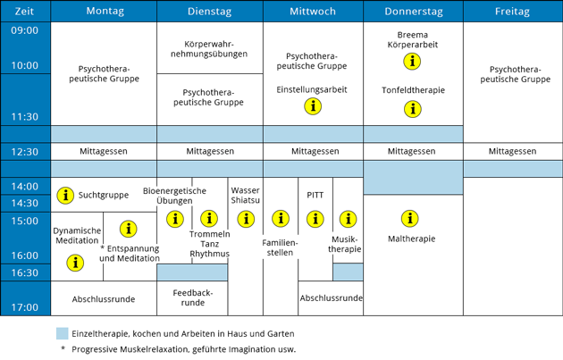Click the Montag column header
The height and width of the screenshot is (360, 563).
point(105,11)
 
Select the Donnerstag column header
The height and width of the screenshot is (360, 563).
point(414,12)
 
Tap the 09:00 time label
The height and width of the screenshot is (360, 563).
point(24,30)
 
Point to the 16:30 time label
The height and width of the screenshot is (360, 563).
point(24,272)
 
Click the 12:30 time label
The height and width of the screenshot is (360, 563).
point(24,152)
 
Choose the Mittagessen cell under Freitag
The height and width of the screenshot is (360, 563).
point(512,152)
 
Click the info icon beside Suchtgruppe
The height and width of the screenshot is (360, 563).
point(65,196)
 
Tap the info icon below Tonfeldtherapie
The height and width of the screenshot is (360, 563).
point(413,109)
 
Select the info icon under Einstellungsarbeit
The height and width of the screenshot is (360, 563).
point(313,106)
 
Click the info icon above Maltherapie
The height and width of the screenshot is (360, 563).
point(409,219)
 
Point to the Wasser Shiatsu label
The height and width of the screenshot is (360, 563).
point(245,196)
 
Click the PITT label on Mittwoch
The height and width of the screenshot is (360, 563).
point(315,195)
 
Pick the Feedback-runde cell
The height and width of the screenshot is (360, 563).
point(193,297)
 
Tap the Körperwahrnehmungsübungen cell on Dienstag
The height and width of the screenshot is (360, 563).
point(209,49)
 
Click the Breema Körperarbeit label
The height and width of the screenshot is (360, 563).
point(413,40)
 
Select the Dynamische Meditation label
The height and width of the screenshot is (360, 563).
point(77,236)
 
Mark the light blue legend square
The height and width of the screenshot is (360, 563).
point(63,333)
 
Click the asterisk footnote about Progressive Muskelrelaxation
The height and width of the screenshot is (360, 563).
point(179,349)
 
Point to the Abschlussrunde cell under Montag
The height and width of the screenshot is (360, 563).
point(104,299)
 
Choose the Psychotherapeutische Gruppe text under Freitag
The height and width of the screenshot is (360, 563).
point(516,74)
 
